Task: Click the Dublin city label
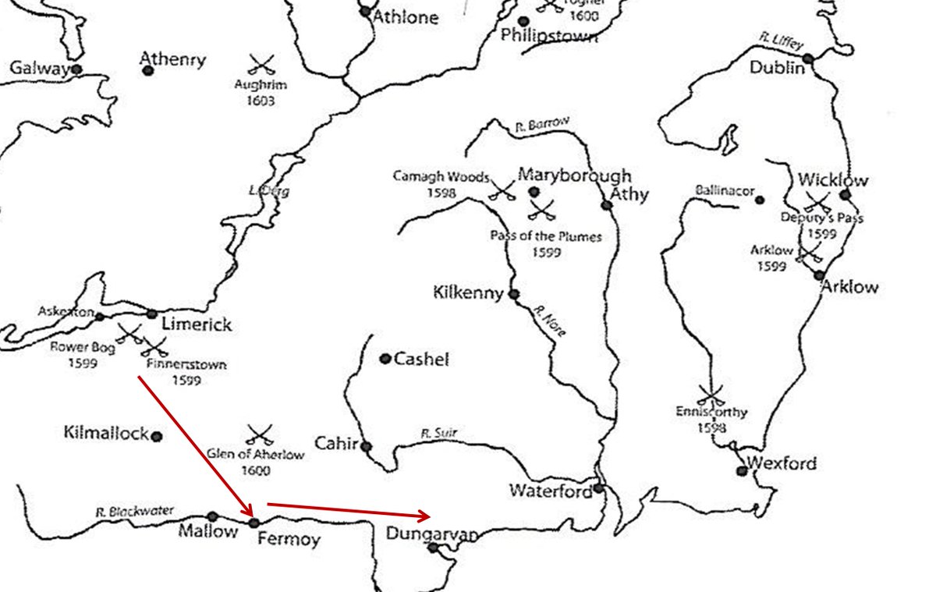(776, 68)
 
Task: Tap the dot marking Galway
(76, 69)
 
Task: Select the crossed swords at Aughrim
(261, 64)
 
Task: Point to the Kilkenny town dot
(513, 294)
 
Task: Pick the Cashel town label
(421, 360)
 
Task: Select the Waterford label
(550, 491)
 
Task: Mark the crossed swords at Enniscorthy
(711, 392)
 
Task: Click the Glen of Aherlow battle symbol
(260, 434)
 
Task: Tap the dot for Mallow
(212, 516)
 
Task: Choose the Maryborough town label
(574, 175)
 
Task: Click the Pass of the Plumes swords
(541, 209)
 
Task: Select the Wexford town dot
(742, 470)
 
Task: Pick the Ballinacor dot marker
(760, 200)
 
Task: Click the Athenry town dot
(148, 71)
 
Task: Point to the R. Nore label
(549, 321)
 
